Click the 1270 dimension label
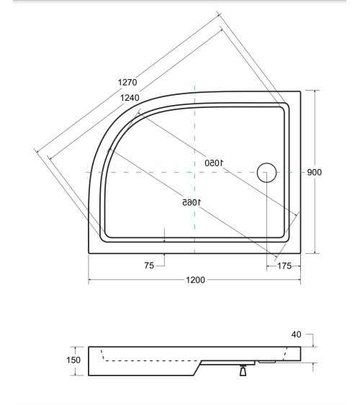(x=127, y=82)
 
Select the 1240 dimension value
(x=130, y=99)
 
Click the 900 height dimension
(x=314, y=172)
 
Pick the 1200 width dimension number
(x=195, y=280)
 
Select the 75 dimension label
(x=149, y=265)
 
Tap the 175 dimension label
(x=284, y=265)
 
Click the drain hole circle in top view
(x=267, y=173)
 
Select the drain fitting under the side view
(x=243, y=370)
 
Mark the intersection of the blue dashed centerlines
(x=195, y=173)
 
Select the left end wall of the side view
(x=89, y=360)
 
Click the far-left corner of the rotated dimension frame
(x=35, y=150)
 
